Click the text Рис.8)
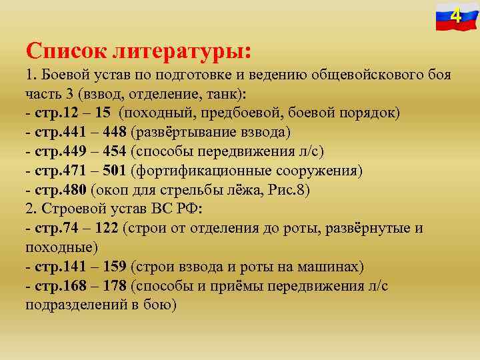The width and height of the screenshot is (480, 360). coord(287,189)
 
